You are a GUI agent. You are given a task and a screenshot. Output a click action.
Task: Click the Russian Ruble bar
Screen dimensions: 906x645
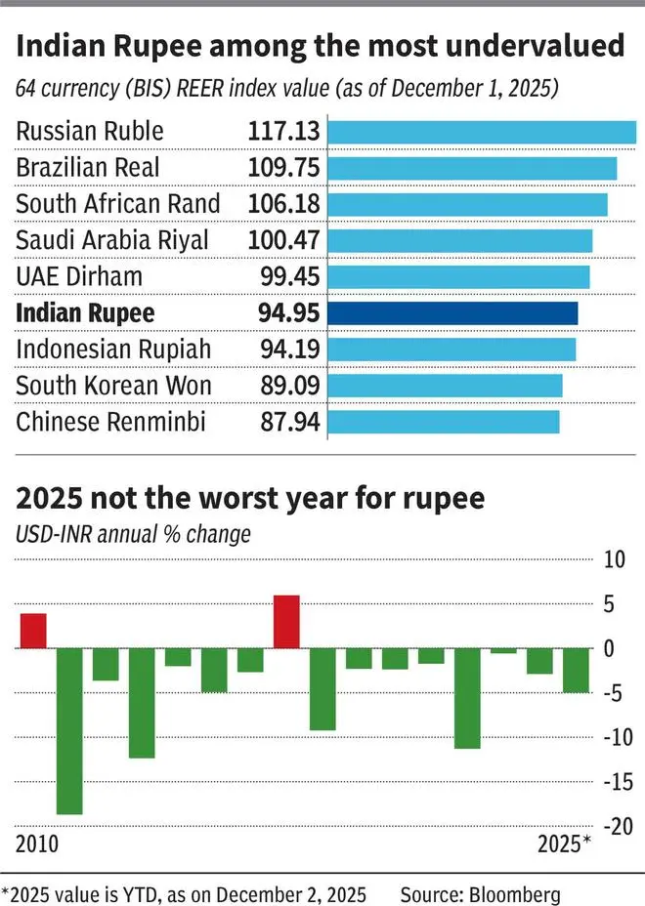[482, 132]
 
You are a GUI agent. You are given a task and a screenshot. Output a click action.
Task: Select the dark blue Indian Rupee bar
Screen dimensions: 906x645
[452, 313]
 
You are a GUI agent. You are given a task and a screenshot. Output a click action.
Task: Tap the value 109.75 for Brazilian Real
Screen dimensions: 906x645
[282, 168]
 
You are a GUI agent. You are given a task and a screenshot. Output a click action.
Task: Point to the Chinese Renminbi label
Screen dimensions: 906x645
[113, 422]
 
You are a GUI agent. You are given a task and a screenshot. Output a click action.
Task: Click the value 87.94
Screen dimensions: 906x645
[288, 422]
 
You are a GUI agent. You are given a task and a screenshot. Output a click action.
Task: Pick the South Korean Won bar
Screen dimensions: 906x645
[445, 386]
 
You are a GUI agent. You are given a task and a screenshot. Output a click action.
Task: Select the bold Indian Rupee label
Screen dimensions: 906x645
[85, 313]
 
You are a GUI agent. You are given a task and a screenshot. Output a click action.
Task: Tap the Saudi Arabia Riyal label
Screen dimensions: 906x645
[112, 240]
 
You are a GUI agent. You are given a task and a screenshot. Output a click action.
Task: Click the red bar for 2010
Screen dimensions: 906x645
[33, 631]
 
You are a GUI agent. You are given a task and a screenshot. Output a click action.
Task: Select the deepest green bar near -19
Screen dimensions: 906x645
[69, 730]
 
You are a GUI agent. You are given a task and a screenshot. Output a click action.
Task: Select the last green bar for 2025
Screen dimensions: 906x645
[576, 670]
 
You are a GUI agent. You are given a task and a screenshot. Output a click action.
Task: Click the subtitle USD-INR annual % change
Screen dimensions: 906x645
[133, 534]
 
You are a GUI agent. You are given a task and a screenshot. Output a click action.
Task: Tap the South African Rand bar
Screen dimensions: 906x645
[467, 204]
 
